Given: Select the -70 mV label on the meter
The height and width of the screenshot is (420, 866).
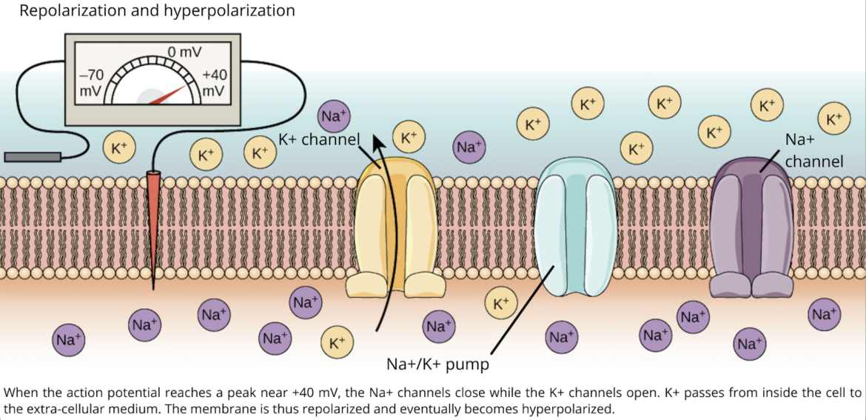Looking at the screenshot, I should point(95,82).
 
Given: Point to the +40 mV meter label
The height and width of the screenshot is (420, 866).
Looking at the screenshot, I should point(214,83).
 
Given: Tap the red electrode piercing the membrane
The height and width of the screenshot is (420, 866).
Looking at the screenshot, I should point(153,215).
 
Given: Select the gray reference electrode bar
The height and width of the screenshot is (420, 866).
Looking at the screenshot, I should point(33,156).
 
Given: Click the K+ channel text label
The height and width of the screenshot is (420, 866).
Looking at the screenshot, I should point(319,139).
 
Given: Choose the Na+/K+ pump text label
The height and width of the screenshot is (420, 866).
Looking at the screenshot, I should point(438,364).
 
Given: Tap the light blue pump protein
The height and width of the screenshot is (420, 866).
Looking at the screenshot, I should point(574,222).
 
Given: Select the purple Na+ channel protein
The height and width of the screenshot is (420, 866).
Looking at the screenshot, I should point(751,222).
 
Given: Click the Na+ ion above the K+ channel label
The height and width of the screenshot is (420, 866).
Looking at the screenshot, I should point(335,116).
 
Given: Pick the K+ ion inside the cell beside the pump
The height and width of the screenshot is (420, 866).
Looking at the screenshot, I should point(501,304).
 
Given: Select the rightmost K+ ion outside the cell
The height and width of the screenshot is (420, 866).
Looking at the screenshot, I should point(833,119).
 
